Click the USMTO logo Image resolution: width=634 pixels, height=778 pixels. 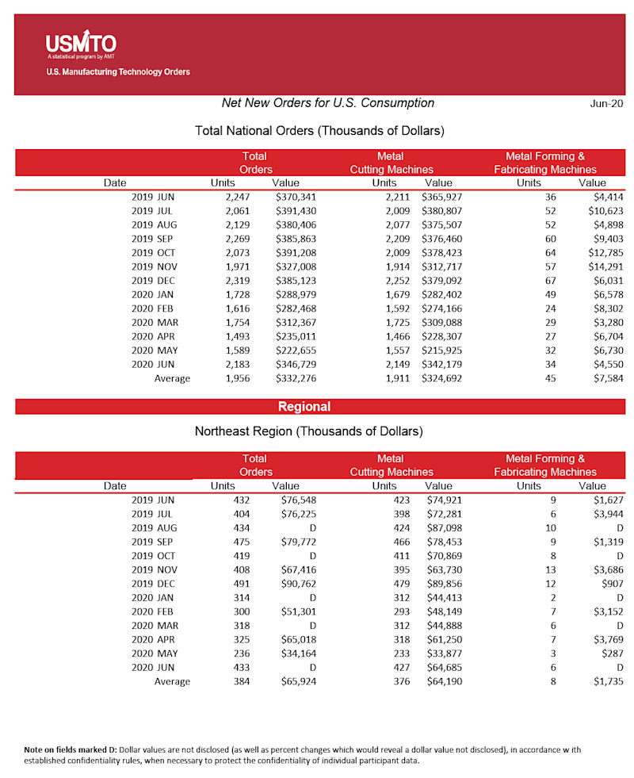click(81, 44)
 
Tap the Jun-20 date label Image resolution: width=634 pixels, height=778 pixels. click(606, 104)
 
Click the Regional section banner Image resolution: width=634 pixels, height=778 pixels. click(304, 407)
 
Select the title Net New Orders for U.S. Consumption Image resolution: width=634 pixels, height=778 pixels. click(328, 103)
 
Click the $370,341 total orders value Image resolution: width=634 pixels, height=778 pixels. click(296, 197)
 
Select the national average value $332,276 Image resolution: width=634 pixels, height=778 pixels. click(296, 378)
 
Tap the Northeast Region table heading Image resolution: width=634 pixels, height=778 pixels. click(309, 431)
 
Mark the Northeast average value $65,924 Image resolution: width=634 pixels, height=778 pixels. click(299, 680)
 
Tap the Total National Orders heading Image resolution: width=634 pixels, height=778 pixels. click(319, 130)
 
